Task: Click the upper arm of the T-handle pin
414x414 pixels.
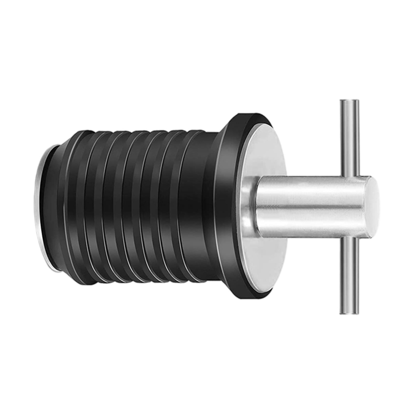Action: pyautogui.click(x=349, y=137)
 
